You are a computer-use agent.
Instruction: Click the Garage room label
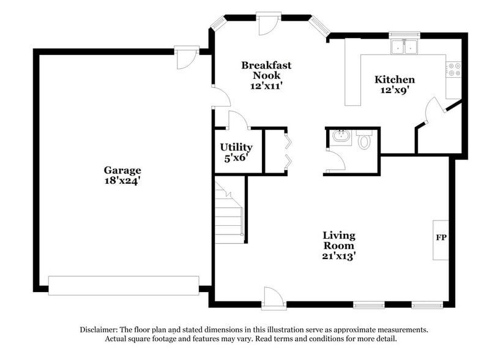(122, 170)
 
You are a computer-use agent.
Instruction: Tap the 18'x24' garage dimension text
(122, 181)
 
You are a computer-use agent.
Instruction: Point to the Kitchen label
(395, 80)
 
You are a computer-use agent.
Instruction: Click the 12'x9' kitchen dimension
(395, 90)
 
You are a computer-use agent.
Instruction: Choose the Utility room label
(236, 148)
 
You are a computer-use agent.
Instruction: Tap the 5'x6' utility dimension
(236, 158)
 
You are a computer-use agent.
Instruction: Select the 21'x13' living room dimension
(339, 256)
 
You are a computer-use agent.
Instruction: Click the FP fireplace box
(441, 237)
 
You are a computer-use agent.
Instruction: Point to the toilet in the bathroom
(365, 142)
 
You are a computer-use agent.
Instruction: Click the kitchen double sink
(403, 46)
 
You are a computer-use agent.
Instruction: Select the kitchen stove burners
(454, 70)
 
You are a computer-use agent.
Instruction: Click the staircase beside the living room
(229, 211)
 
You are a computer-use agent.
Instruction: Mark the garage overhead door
(124, 285)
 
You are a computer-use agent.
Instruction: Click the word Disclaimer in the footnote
(100, 329)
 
